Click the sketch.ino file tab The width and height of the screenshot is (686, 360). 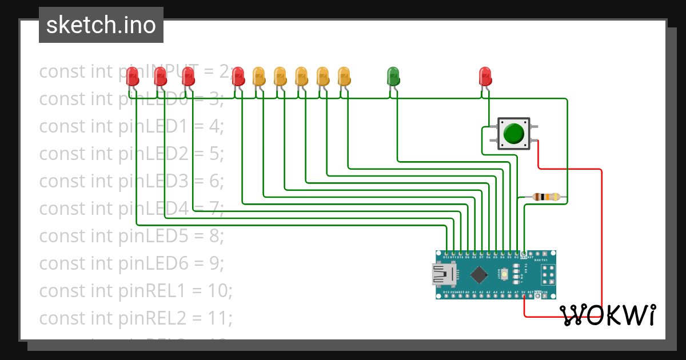101,25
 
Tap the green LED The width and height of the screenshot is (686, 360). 393,75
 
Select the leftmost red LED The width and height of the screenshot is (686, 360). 132,75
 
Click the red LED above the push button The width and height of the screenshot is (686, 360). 485,75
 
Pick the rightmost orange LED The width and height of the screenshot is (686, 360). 344,75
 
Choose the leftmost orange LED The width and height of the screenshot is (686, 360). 258,75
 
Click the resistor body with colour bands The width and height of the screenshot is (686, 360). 545,197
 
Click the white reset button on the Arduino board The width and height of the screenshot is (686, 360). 505,274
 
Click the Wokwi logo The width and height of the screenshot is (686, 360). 608,315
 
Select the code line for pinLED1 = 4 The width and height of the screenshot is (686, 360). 131,126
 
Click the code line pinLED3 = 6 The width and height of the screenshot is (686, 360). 131,181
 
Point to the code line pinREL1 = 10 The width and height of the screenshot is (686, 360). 135,291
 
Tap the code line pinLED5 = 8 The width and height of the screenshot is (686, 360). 131,236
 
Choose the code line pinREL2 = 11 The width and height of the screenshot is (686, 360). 135,318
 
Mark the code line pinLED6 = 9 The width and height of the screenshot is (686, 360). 131,263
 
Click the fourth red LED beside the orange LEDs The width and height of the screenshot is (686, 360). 238,75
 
